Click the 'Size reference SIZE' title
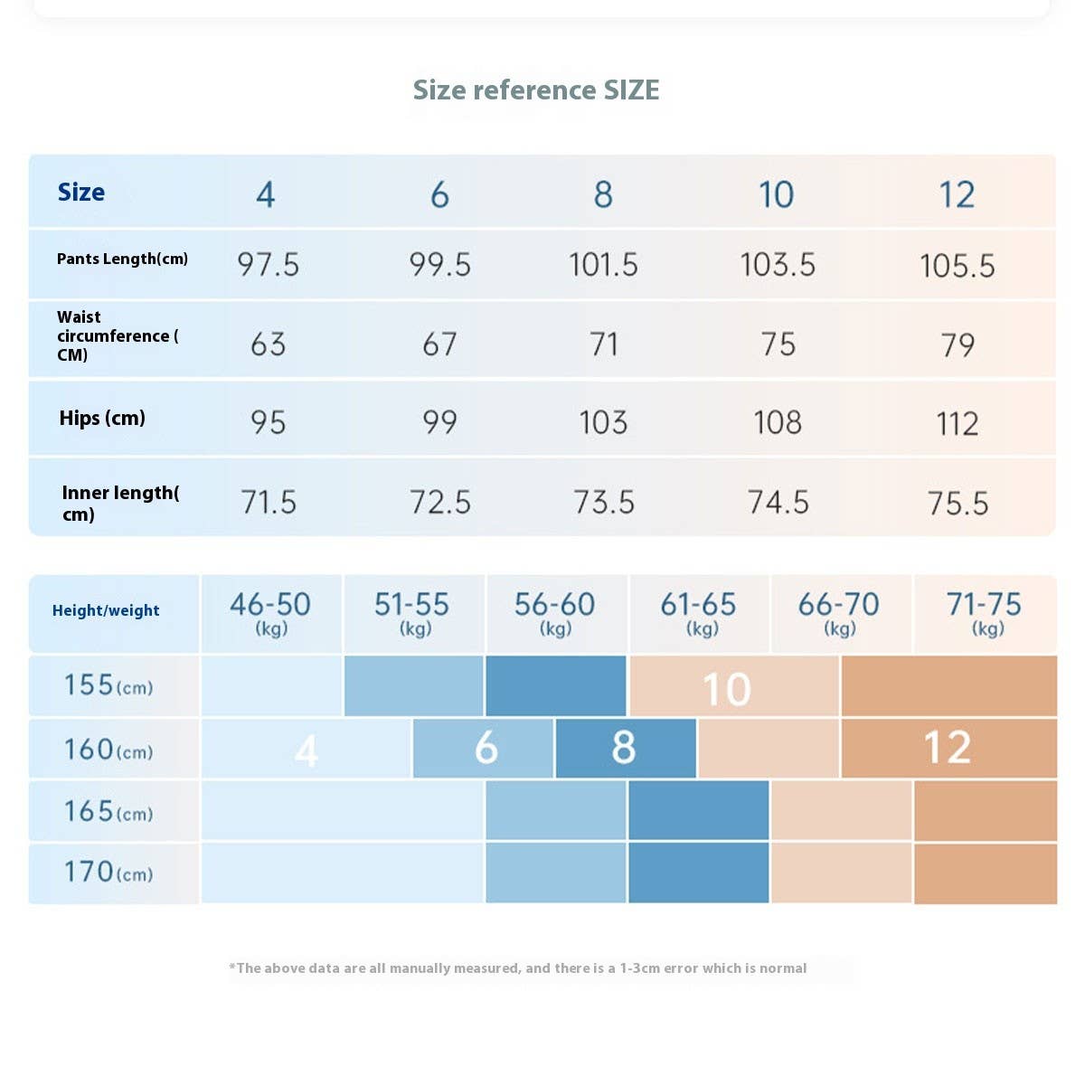(x=536, y=90)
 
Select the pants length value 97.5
(x=268, y=265)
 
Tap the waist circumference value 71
(x=603, y=344)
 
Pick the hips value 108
(x=778, y=422)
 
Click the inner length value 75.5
(x=958, y=503)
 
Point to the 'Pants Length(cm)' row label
(x=122, y=259)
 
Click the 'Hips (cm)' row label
(x=102, y=418)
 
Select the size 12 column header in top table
(x=957, y=194)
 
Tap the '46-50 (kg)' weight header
(x=270, y=612)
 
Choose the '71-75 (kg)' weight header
(x=984, y=612)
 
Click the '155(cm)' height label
(x=108, y=685)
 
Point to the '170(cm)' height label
(x=108, y=873)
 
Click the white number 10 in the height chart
(x=727, y=690)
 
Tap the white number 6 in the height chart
(x=486, y=748)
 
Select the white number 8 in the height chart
(x=624, y=748)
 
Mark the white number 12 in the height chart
(x=947, y=748)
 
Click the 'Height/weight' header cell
(x=106, y=610)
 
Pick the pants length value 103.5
(x=778, y=265)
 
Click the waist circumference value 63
(x=268, y=344)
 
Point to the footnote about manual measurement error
(x=518, y=968)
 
